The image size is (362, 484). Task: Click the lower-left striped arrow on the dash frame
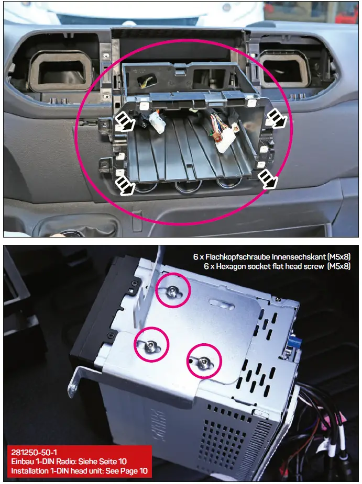(124, 184)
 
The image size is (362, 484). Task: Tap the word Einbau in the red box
(22, 462)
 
